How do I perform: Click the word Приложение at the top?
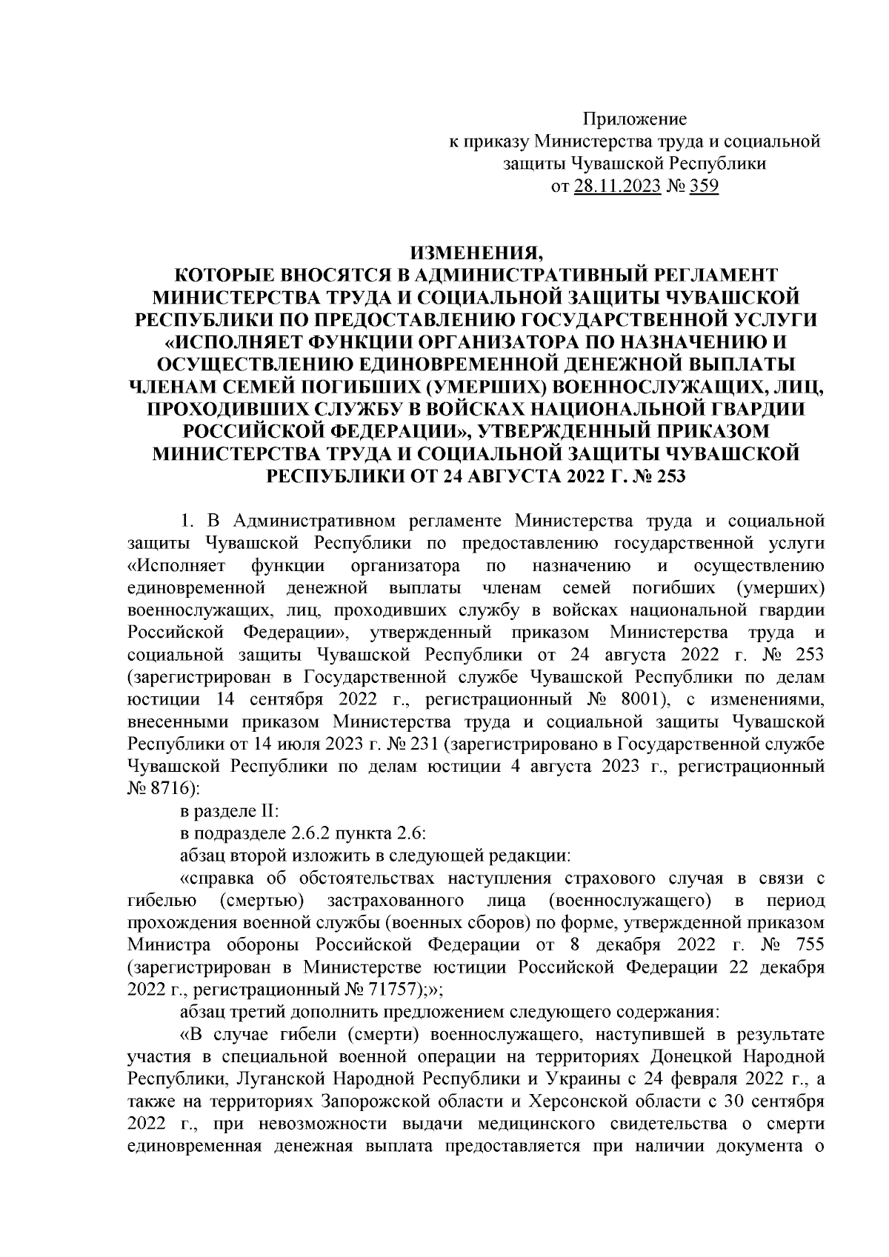[x=635, y=119]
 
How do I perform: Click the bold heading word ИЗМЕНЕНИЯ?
[x=475, y=253]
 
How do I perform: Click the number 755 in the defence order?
[x=809, y=945]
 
